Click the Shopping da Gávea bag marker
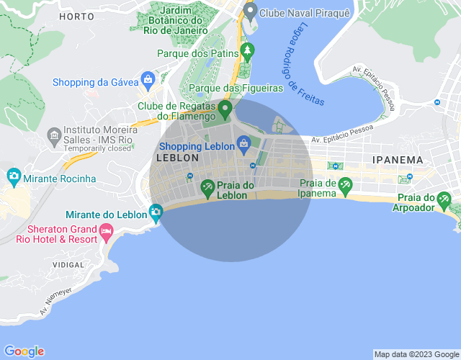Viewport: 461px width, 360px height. tap(148, 79)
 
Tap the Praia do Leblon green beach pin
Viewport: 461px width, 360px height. tap(207, 188)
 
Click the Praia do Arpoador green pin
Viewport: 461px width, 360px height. tap(445, 199)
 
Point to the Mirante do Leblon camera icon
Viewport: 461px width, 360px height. tap(156, 212)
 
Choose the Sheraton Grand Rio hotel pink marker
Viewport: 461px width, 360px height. tap(107, 232)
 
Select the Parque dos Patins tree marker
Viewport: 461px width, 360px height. tap(248, 50)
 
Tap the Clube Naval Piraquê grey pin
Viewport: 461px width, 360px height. tap(251, 11)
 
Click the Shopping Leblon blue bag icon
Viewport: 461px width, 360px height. tap(244, 143)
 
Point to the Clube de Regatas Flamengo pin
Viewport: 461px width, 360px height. tap(225, 109)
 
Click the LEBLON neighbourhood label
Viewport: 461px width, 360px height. tap(177, 157)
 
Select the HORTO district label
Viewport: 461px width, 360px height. tap(77, 16)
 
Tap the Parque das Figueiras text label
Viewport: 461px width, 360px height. tap(236, 88)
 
